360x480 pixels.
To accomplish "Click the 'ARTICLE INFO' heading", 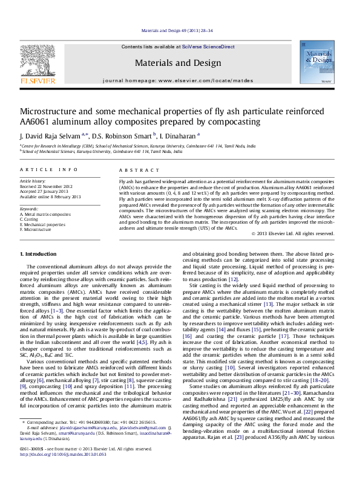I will (x=49, y=170).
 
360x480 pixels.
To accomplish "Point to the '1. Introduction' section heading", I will (x=39, y=270).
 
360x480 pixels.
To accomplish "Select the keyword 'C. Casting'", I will (x=31, y=219).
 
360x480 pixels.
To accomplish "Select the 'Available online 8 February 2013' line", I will (x=50, y=196).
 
